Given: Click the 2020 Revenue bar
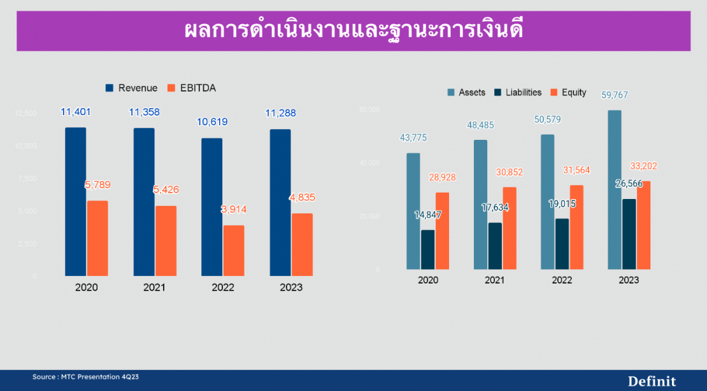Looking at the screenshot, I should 75,202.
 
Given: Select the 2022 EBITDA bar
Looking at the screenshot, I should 234,250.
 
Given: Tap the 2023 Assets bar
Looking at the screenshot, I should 615,189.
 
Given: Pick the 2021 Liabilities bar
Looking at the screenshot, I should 495,245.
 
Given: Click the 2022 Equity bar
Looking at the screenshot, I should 576,227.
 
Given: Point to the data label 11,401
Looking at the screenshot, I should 76,112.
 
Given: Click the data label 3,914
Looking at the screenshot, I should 234,209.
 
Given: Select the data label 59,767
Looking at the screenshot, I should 615,95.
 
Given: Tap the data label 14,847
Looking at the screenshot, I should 427,215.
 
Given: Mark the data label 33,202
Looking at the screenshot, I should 644,166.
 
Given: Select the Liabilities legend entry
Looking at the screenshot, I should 518,92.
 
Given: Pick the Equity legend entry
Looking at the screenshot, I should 568,92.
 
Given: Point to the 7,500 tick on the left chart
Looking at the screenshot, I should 26,179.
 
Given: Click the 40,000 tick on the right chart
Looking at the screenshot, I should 369,163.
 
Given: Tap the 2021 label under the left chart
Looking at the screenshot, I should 154,287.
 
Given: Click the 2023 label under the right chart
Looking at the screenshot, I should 629,280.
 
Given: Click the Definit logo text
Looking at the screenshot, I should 652,381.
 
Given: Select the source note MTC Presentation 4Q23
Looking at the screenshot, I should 85,377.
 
